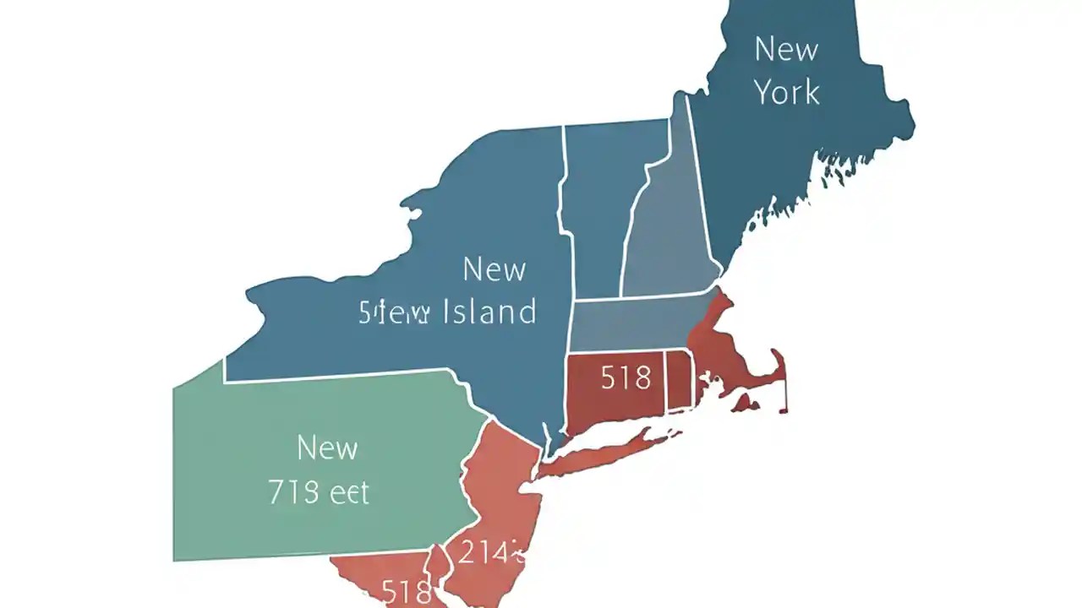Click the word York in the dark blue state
(786, 91)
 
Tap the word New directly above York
(786, 49)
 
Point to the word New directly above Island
(495, 269)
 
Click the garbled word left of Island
(395, 312)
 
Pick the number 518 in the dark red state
(626, 377)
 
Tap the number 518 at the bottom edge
(407, 592)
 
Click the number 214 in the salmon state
(488, 552)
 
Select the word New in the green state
(327, 448)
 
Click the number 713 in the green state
(293, 491)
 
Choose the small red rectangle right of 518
(680, 380)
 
